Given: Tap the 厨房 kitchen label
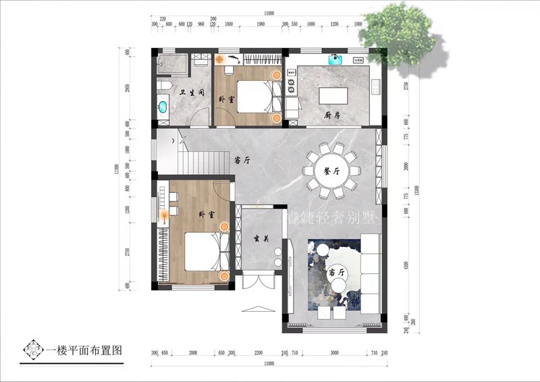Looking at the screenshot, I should click(x=332, y=115).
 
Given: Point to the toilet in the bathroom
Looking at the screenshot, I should click(x=164, y=86).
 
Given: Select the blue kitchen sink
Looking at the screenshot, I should click(x=335, y=59).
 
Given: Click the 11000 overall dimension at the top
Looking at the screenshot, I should click(x=269, y=13).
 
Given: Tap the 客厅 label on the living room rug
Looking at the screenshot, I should click(x=334, y=273).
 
